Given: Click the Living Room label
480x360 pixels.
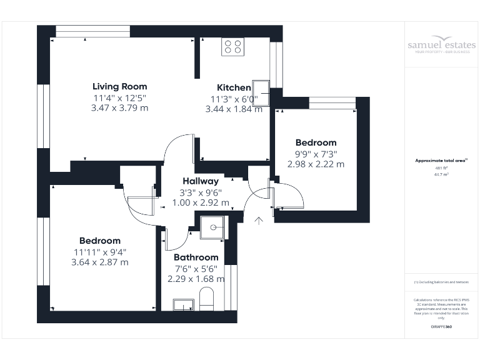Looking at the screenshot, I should [119, 86].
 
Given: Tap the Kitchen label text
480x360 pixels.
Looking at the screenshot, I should [234, 87].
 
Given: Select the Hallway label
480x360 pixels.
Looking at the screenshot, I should [201, 181].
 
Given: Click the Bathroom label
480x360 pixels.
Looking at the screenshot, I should [196, 257].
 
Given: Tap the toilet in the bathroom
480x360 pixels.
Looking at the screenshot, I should [206, 298].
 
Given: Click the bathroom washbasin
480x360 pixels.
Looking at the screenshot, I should [183, 305].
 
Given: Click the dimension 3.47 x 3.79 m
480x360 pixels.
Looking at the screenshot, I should [119, 107].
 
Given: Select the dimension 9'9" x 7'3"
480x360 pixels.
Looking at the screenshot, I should [316, 154].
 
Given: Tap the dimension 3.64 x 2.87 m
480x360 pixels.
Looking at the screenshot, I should [100, 262].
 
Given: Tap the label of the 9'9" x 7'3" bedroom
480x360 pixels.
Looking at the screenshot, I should [316, 142].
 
